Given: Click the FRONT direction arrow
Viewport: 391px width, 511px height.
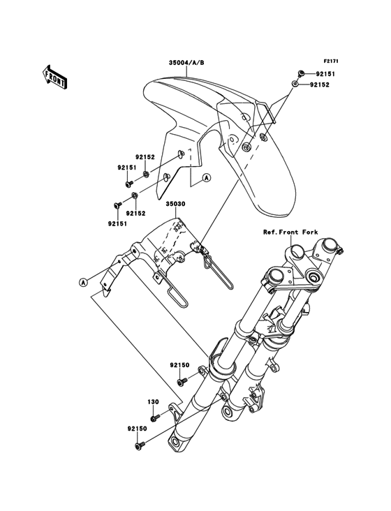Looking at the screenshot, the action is point(54,76).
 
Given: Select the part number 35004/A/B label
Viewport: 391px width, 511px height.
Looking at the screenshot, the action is point(186,63).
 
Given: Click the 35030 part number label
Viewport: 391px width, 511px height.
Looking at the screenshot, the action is point(176,204).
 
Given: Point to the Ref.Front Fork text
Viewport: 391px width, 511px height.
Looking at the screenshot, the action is point(290,232).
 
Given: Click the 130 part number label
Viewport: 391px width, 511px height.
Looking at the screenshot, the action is point(154,402).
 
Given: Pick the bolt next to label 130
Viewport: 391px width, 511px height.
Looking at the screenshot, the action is point(155,417).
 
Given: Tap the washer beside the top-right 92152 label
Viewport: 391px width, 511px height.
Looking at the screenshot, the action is point(295,84).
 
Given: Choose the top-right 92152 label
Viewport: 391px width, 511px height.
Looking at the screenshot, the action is point(320,84).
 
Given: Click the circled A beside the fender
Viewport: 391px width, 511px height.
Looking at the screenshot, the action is point(206,177).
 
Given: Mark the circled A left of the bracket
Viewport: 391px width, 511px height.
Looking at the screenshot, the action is point(83,282).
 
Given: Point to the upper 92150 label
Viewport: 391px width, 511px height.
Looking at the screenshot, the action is point(179,365).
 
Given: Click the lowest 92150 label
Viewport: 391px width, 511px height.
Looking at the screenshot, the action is point(137,429).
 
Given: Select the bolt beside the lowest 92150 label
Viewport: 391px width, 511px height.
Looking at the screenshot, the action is point(138,445).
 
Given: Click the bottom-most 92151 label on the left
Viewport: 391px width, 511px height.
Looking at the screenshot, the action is point(117,223).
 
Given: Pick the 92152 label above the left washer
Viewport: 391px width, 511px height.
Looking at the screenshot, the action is point(145,157).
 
